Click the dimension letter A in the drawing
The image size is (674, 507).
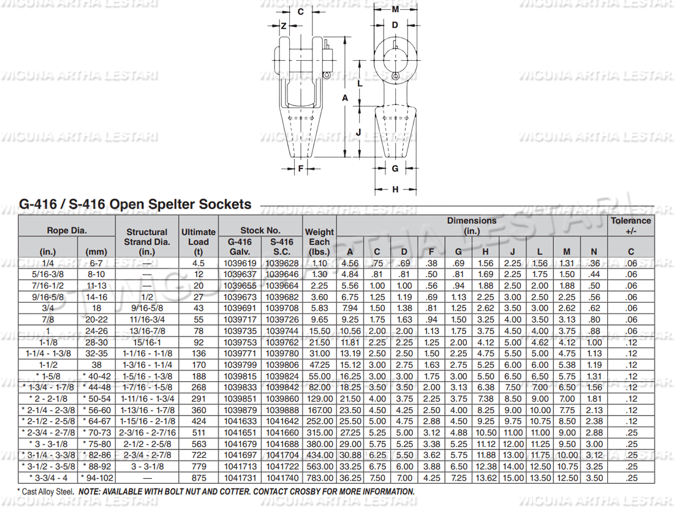tap(345, 98)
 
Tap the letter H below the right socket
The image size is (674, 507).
tap(395, 189)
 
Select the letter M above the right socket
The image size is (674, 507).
tap(395, 10)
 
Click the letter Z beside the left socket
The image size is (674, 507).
tap(284, 26)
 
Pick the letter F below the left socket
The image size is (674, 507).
tap(301, 168)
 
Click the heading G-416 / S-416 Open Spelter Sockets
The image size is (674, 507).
tap(135, 205)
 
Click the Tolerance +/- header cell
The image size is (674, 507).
tap(630, 226)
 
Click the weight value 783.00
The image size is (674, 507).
tap(319, 478)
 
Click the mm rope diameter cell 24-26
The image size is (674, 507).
tap(96, 331)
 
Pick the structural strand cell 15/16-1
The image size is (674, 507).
tap(147, 342)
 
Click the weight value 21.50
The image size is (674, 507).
tap(319, 342)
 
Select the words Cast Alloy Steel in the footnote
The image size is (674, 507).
tap(48, 492)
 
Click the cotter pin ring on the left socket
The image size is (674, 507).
tap(328, 75)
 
